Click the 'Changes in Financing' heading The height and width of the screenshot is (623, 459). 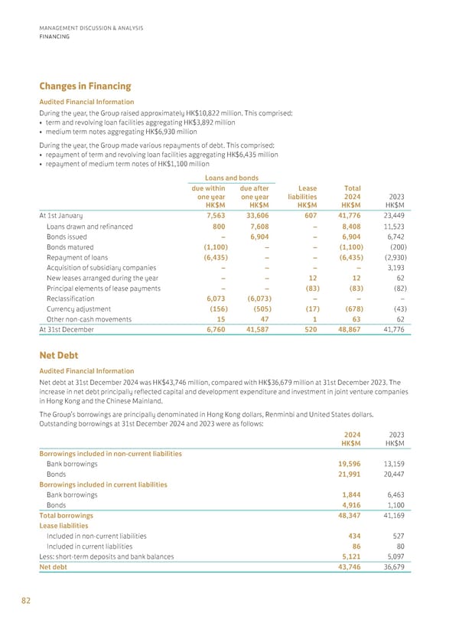click(84, 87)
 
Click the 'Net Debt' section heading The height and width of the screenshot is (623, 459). click(58, 356)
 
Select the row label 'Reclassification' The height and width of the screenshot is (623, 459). click(74, 298)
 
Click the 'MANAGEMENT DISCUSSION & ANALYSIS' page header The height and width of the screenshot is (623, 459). click(91, 29)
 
